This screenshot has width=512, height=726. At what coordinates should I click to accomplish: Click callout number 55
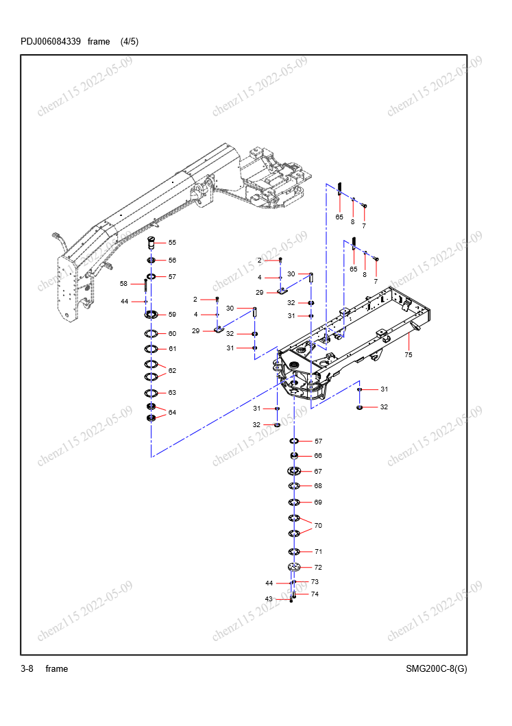pos(172,243)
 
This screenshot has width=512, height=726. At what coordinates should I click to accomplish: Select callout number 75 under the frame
pos(409,355)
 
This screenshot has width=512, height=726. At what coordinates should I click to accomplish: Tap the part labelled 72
pos(294,567)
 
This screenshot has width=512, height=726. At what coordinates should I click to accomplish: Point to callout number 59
pos(172,315)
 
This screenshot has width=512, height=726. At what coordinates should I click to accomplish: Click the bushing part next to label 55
pos(151,242)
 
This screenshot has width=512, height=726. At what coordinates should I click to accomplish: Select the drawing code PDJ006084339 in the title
pos(51,42)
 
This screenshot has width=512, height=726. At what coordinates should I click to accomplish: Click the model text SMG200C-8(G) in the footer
pos(437,668)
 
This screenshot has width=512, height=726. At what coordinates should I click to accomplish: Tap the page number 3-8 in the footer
pos(27,668)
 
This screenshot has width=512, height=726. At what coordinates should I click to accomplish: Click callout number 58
pos(123,284)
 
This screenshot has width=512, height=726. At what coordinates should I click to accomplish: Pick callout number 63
pos(172,393)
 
